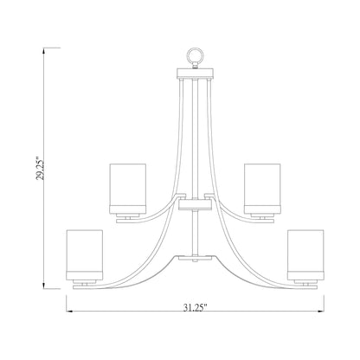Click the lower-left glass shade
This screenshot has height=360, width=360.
(84, 253)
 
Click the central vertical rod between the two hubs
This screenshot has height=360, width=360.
(194, 232)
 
